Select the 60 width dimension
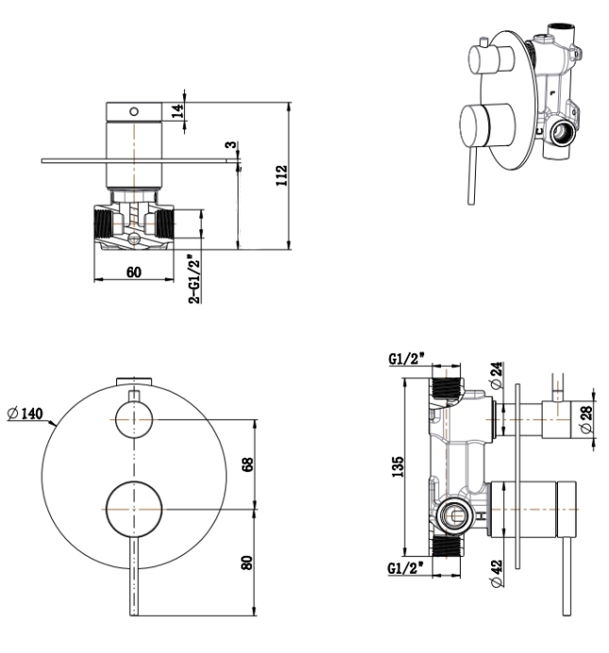pyautogui.click(x=133, y=272)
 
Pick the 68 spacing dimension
pyautogui.click(x=247, y=465)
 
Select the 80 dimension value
pyautogui.click(x=247, y=563)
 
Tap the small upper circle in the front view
pyautogui.click(x=133, y=418)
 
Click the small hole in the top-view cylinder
pyautogui.click(x=133, y=110)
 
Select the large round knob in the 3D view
pyautogui.click(x=484, y=127)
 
